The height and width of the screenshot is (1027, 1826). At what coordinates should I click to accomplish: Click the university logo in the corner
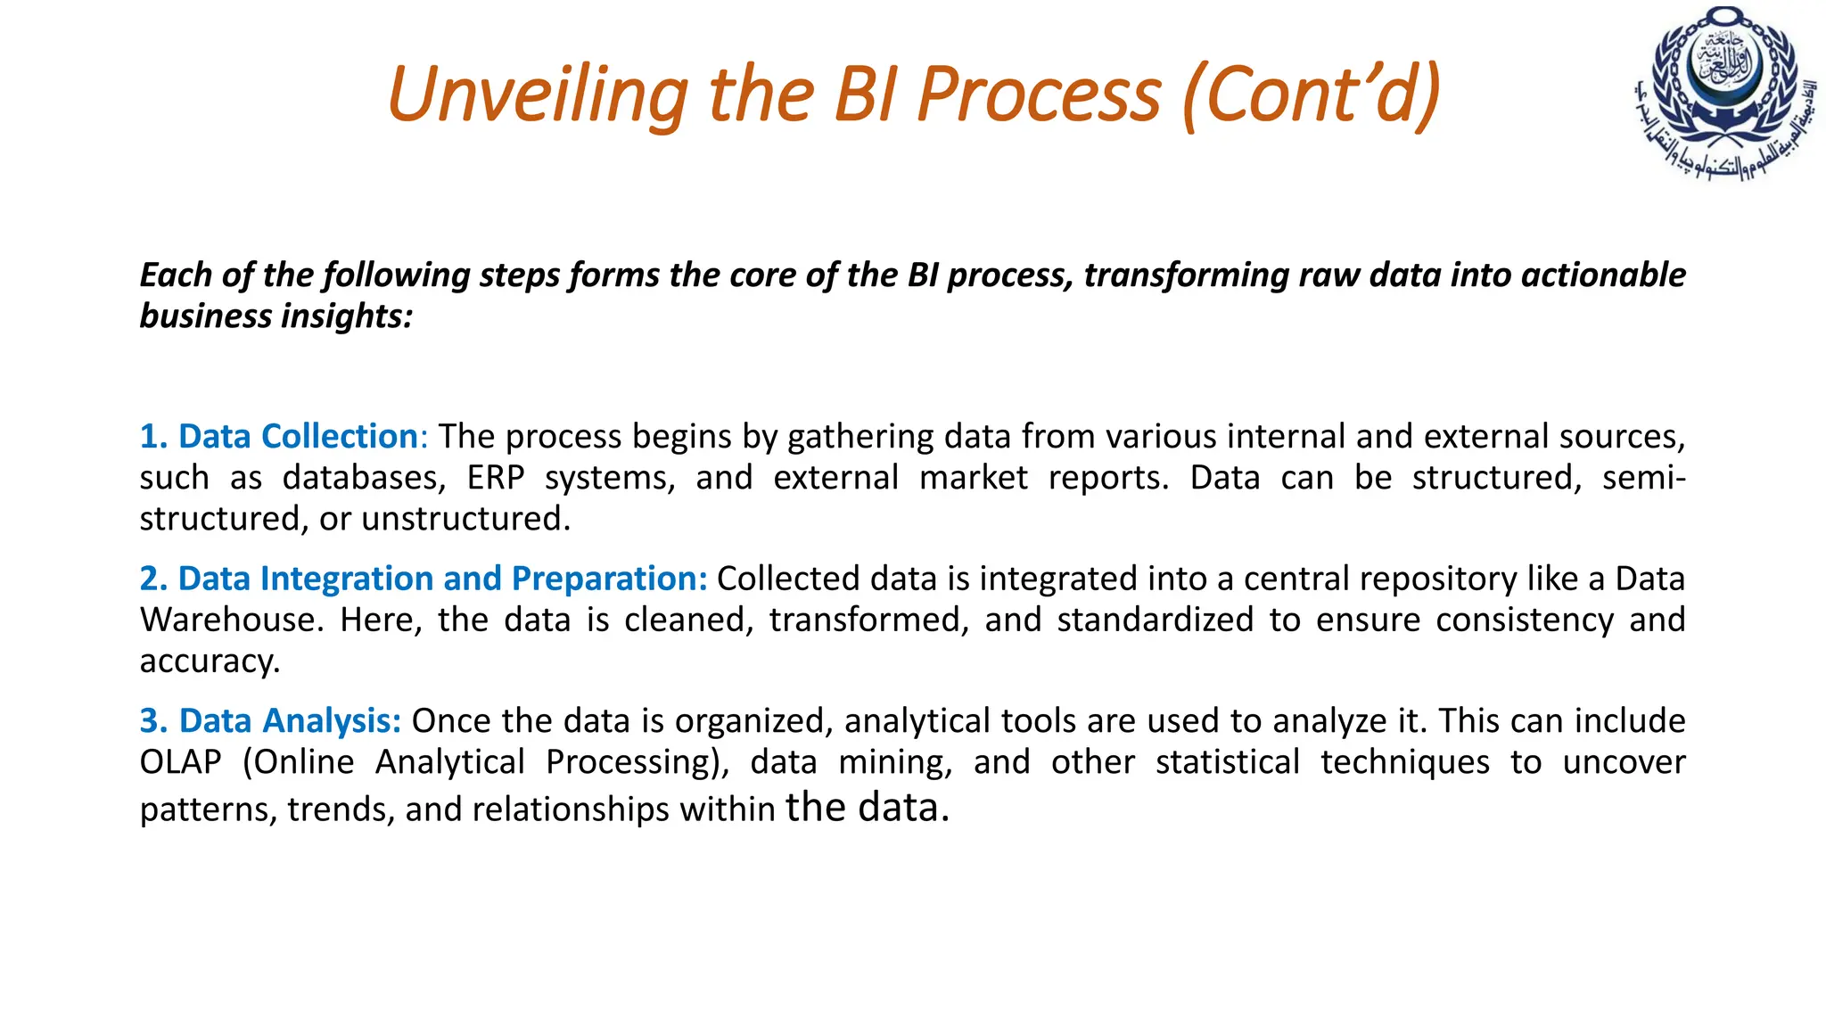pyautogui.click(x=1725, y=93)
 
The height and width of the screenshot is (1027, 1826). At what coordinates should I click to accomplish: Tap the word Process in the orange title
pyautogui.click(x=1039, y=95)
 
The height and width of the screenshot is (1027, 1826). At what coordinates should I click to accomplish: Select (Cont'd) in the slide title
pyautogui.click(x=1311, y=95)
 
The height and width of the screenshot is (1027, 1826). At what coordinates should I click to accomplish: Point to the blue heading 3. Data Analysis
pyautogui.click(x=270, y=721)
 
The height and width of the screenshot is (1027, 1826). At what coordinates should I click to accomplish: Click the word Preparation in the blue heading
pyautogui.click(x=609, y=579)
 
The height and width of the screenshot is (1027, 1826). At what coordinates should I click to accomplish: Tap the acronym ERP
pyautogui.click(x=496, y=478)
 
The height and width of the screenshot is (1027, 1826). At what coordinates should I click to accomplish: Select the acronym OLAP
pyautogui.click(x=180, y=762)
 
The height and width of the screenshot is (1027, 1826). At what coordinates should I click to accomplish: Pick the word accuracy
pyautogui.click(x=210, y=661)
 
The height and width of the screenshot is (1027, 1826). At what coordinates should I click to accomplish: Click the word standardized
pyautogui.click(x=1156, y=620)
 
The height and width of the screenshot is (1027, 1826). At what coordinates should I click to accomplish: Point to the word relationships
pyautogui.click(x=571, y=809)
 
